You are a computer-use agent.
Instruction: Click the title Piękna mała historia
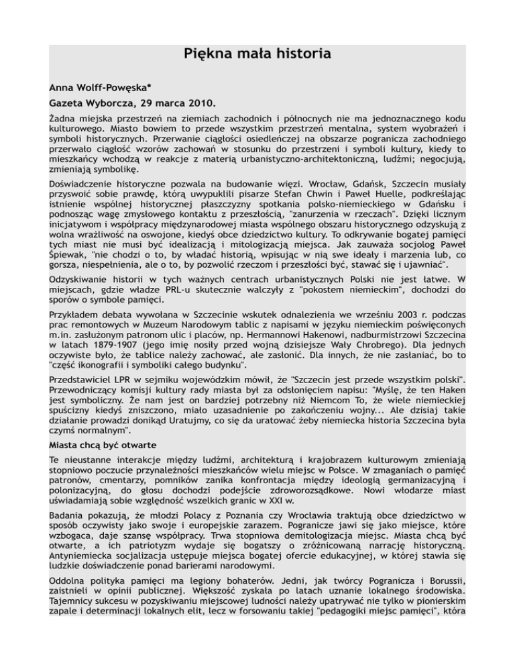tap(257, 52)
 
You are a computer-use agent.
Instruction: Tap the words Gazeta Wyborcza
tap(87, 104)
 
